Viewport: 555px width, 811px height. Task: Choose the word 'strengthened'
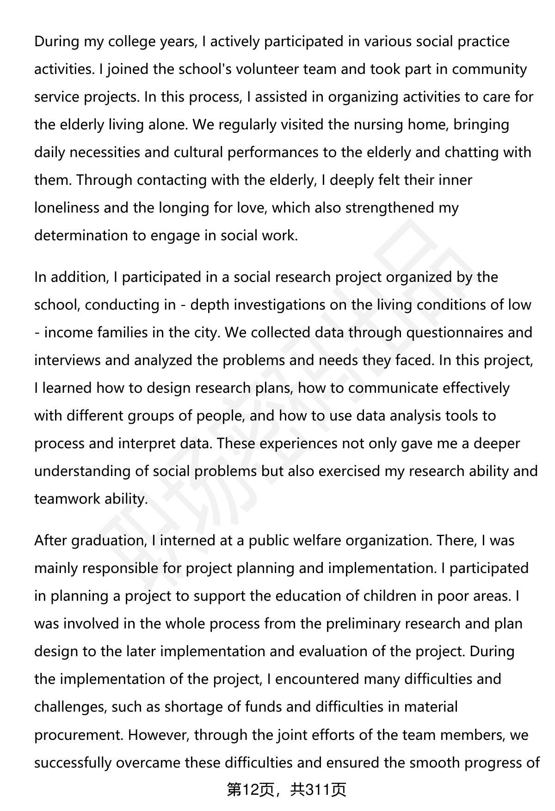point(390,208)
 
